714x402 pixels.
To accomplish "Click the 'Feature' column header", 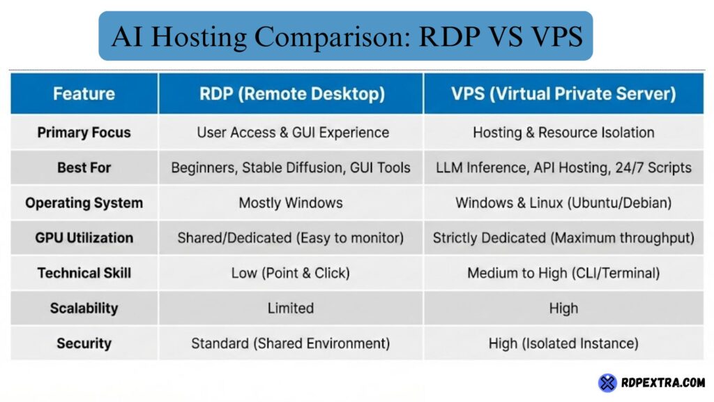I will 84,94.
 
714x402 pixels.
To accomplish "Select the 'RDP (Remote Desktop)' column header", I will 290,94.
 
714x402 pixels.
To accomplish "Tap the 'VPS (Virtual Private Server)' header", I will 563,94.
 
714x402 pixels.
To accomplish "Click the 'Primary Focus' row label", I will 84,133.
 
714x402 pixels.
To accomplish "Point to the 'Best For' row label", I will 84,167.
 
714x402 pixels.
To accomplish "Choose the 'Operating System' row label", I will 84,203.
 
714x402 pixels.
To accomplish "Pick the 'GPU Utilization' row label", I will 84,238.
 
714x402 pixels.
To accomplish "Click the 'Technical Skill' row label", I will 84,273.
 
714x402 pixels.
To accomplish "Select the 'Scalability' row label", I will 84,308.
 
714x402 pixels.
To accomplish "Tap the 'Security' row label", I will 84,343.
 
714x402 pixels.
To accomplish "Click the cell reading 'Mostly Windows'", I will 290,203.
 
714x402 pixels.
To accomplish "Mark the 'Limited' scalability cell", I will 290,308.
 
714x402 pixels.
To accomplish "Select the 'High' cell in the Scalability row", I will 563,308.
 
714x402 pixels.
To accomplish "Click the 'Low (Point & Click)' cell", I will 290,273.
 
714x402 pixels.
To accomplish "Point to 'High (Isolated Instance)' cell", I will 563,343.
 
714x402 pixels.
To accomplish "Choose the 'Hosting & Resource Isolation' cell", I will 563,133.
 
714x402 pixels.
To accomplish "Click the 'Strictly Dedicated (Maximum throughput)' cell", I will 563,238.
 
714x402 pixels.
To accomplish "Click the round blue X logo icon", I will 607,382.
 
